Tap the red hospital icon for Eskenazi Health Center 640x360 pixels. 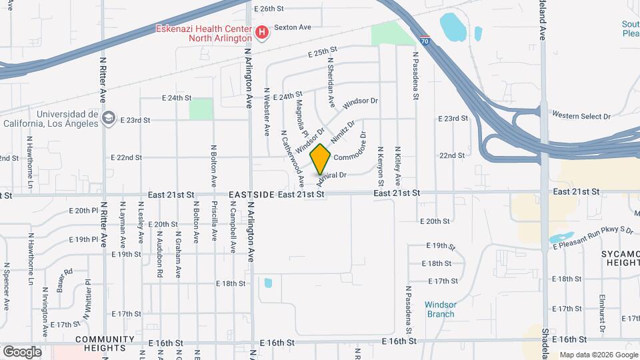point(262,32)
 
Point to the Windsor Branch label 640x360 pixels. point(440,309)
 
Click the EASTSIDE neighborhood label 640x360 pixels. point(251,194)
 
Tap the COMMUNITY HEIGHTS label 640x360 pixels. point(101,343)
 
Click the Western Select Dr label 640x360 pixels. point(581,116)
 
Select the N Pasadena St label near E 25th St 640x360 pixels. point(415,76)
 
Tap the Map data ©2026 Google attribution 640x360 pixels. point(597,355)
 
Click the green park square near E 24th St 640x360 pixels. point(200,109)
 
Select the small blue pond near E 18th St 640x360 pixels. point(268,283)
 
